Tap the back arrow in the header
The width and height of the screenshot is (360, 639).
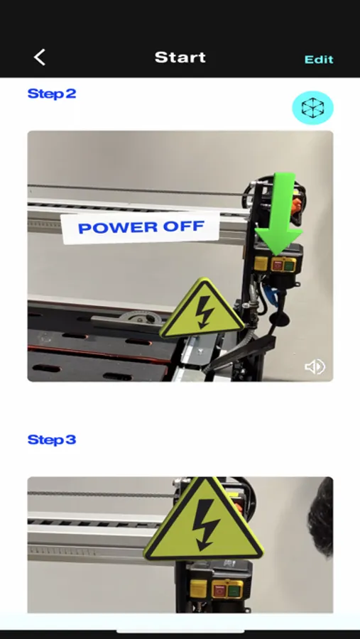40,58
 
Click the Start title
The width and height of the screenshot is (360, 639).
180,58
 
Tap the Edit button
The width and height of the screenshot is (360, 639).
319,60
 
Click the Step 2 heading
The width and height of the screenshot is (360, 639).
52,94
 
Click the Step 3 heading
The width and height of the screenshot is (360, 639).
52,439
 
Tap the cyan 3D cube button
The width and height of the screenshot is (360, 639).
312,108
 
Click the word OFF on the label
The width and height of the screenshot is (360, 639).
183,226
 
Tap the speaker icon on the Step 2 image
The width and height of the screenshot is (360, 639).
315,367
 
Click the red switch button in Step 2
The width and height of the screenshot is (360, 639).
278,266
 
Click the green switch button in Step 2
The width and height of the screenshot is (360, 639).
289,266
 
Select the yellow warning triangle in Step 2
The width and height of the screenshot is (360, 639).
202,310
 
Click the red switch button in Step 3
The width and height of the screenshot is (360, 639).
220,590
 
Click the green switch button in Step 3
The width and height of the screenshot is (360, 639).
234,590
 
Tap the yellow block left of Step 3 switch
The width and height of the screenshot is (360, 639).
198,589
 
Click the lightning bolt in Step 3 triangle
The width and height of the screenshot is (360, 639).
206,525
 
